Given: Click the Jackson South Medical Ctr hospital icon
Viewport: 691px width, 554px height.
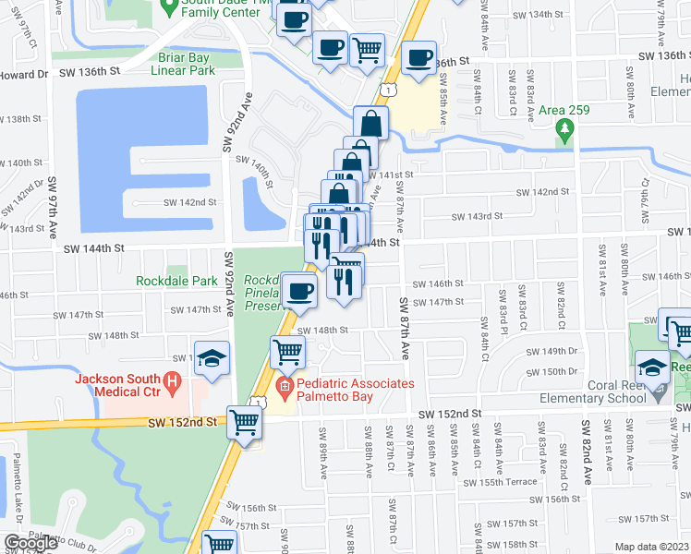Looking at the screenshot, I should (x=170, y=380).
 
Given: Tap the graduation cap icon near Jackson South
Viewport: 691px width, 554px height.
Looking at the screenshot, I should (x=212, y=358).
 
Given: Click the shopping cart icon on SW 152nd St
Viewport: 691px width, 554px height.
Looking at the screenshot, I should (x=245, y=422).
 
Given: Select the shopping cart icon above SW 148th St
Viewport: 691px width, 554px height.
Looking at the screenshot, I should (x=287, y=351).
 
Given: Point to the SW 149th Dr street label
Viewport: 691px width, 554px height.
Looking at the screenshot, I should (x=552, y=352).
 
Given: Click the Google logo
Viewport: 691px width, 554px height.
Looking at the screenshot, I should (x=30, y=542).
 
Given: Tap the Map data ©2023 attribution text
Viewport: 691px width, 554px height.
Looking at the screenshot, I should (x=651, y=547).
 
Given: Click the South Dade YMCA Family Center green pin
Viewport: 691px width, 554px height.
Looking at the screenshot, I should (x=168, y=8).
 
